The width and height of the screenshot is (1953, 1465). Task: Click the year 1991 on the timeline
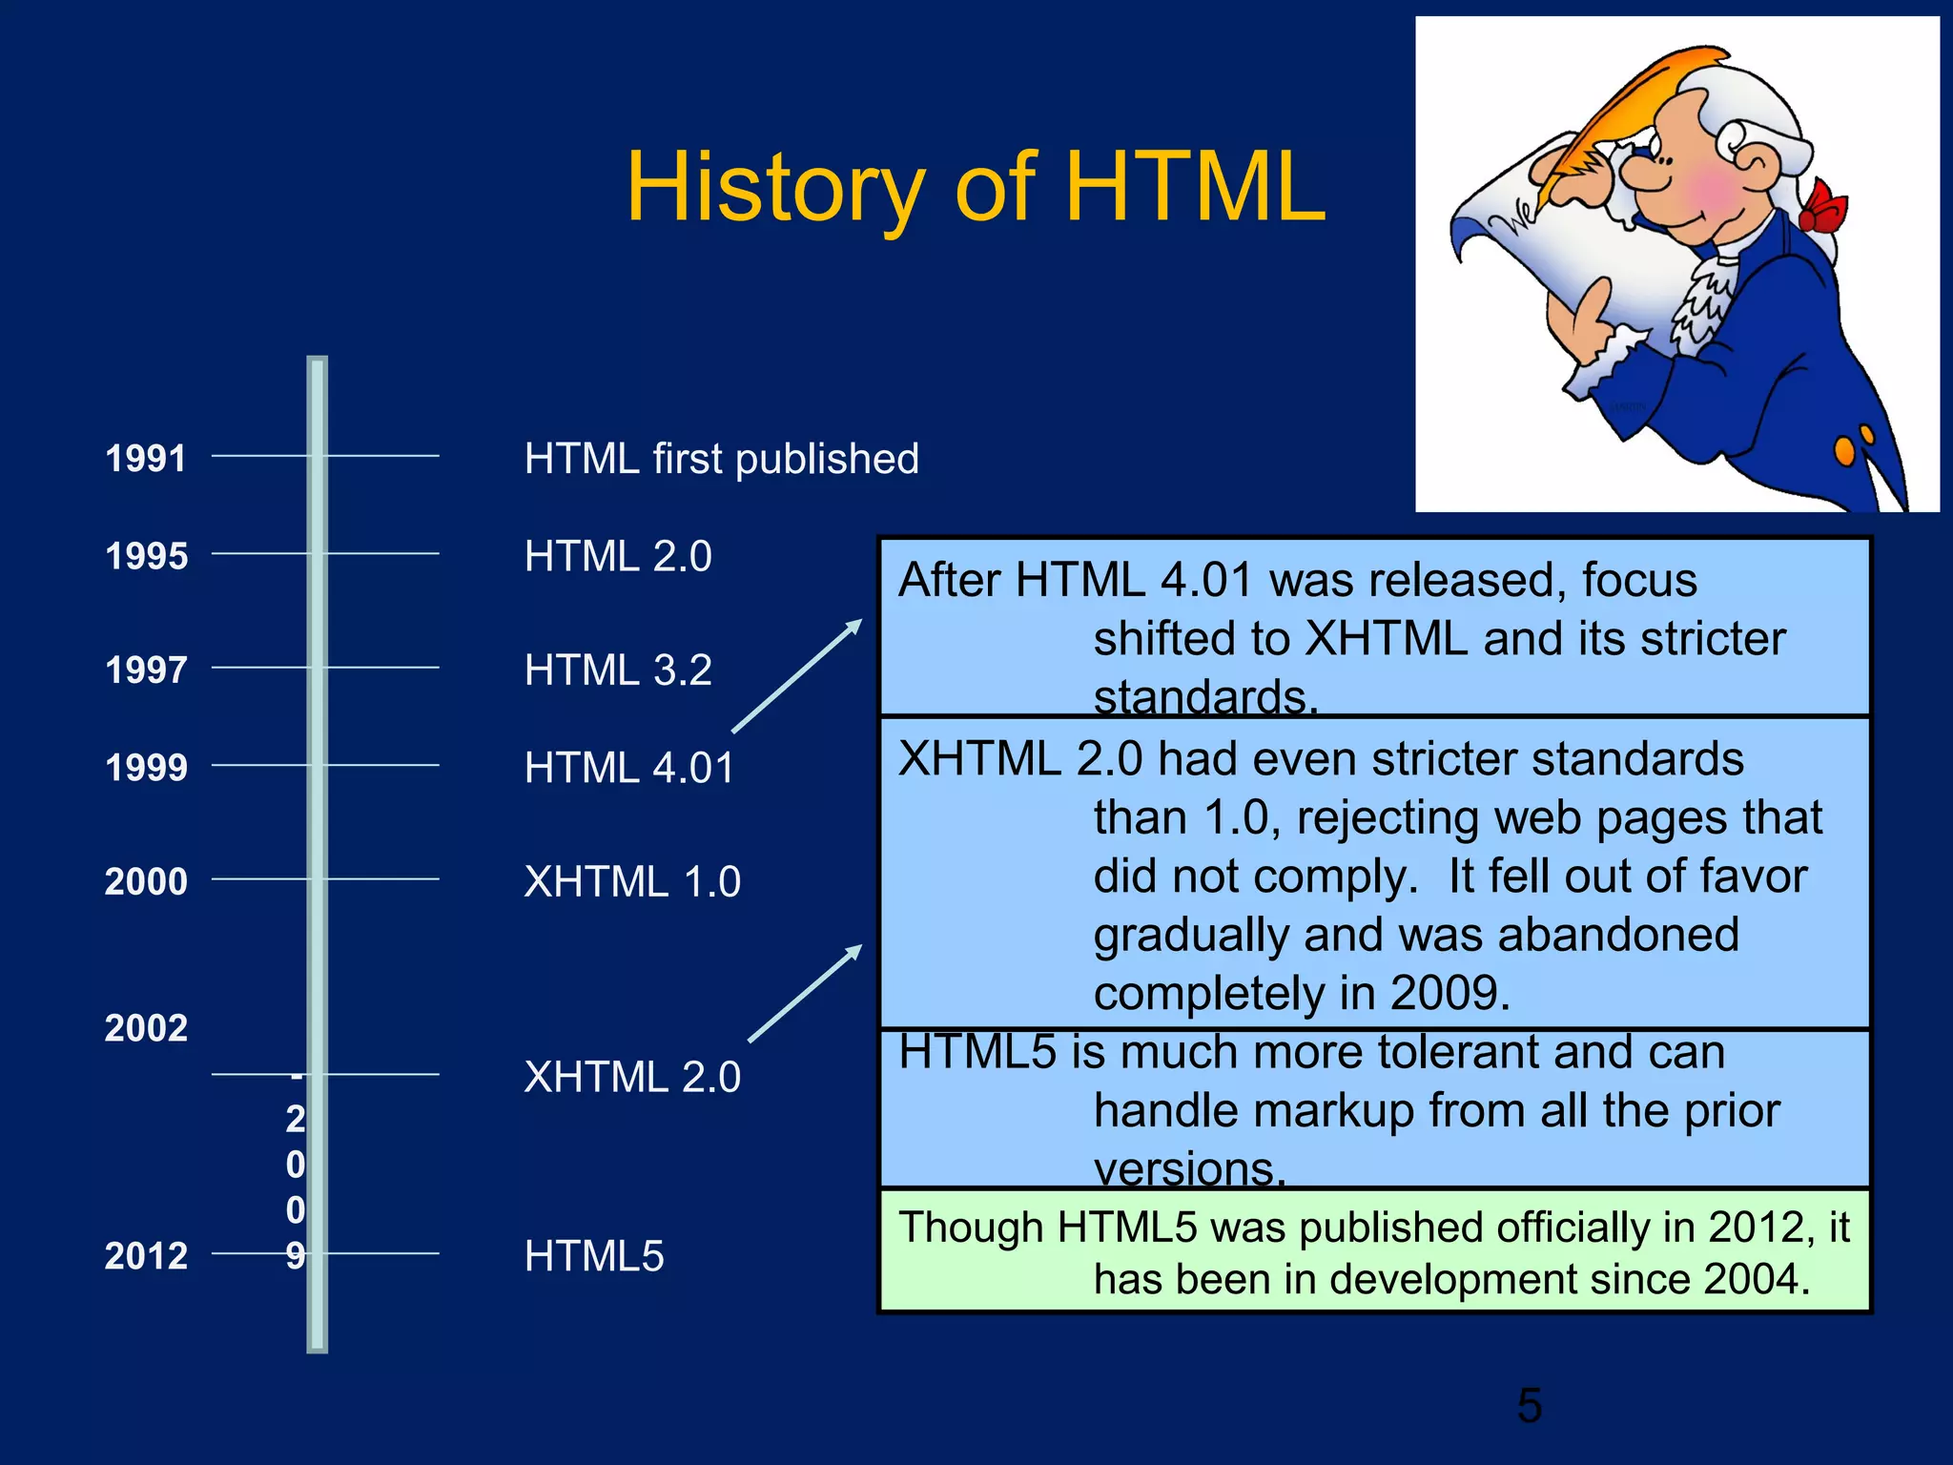(145, 459)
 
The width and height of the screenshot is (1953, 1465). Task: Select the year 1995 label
(146, 556)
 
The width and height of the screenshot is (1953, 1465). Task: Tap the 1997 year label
(146, 670)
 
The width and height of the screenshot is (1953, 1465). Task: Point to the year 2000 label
(146, 881)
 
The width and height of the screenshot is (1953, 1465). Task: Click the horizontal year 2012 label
(146, 1256)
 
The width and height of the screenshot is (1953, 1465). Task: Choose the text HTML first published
(721, 459)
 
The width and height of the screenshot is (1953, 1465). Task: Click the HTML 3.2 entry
(618, 670)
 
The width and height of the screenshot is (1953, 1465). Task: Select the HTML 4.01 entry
(629, 768)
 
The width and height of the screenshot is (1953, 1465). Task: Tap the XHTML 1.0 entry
(632, 881)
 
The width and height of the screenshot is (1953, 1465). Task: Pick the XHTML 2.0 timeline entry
(632, 1077)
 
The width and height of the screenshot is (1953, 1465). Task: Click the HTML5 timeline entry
(594, 1256)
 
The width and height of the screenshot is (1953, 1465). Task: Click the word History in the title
(774, 188)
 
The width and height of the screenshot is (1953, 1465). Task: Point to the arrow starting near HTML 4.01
(796, 676)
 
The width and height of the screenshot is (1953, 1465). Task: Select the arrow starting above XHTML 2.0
(805, 994)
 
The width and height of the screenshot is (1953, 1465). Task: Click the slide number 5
(1529, 1405)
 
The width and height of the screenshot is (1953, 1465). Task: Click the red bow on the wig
(1823, 208)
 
